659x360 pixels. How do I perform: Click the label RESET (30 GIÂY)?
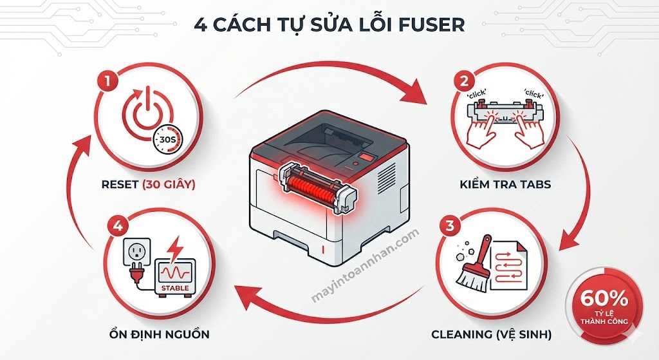click(148, 185)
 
